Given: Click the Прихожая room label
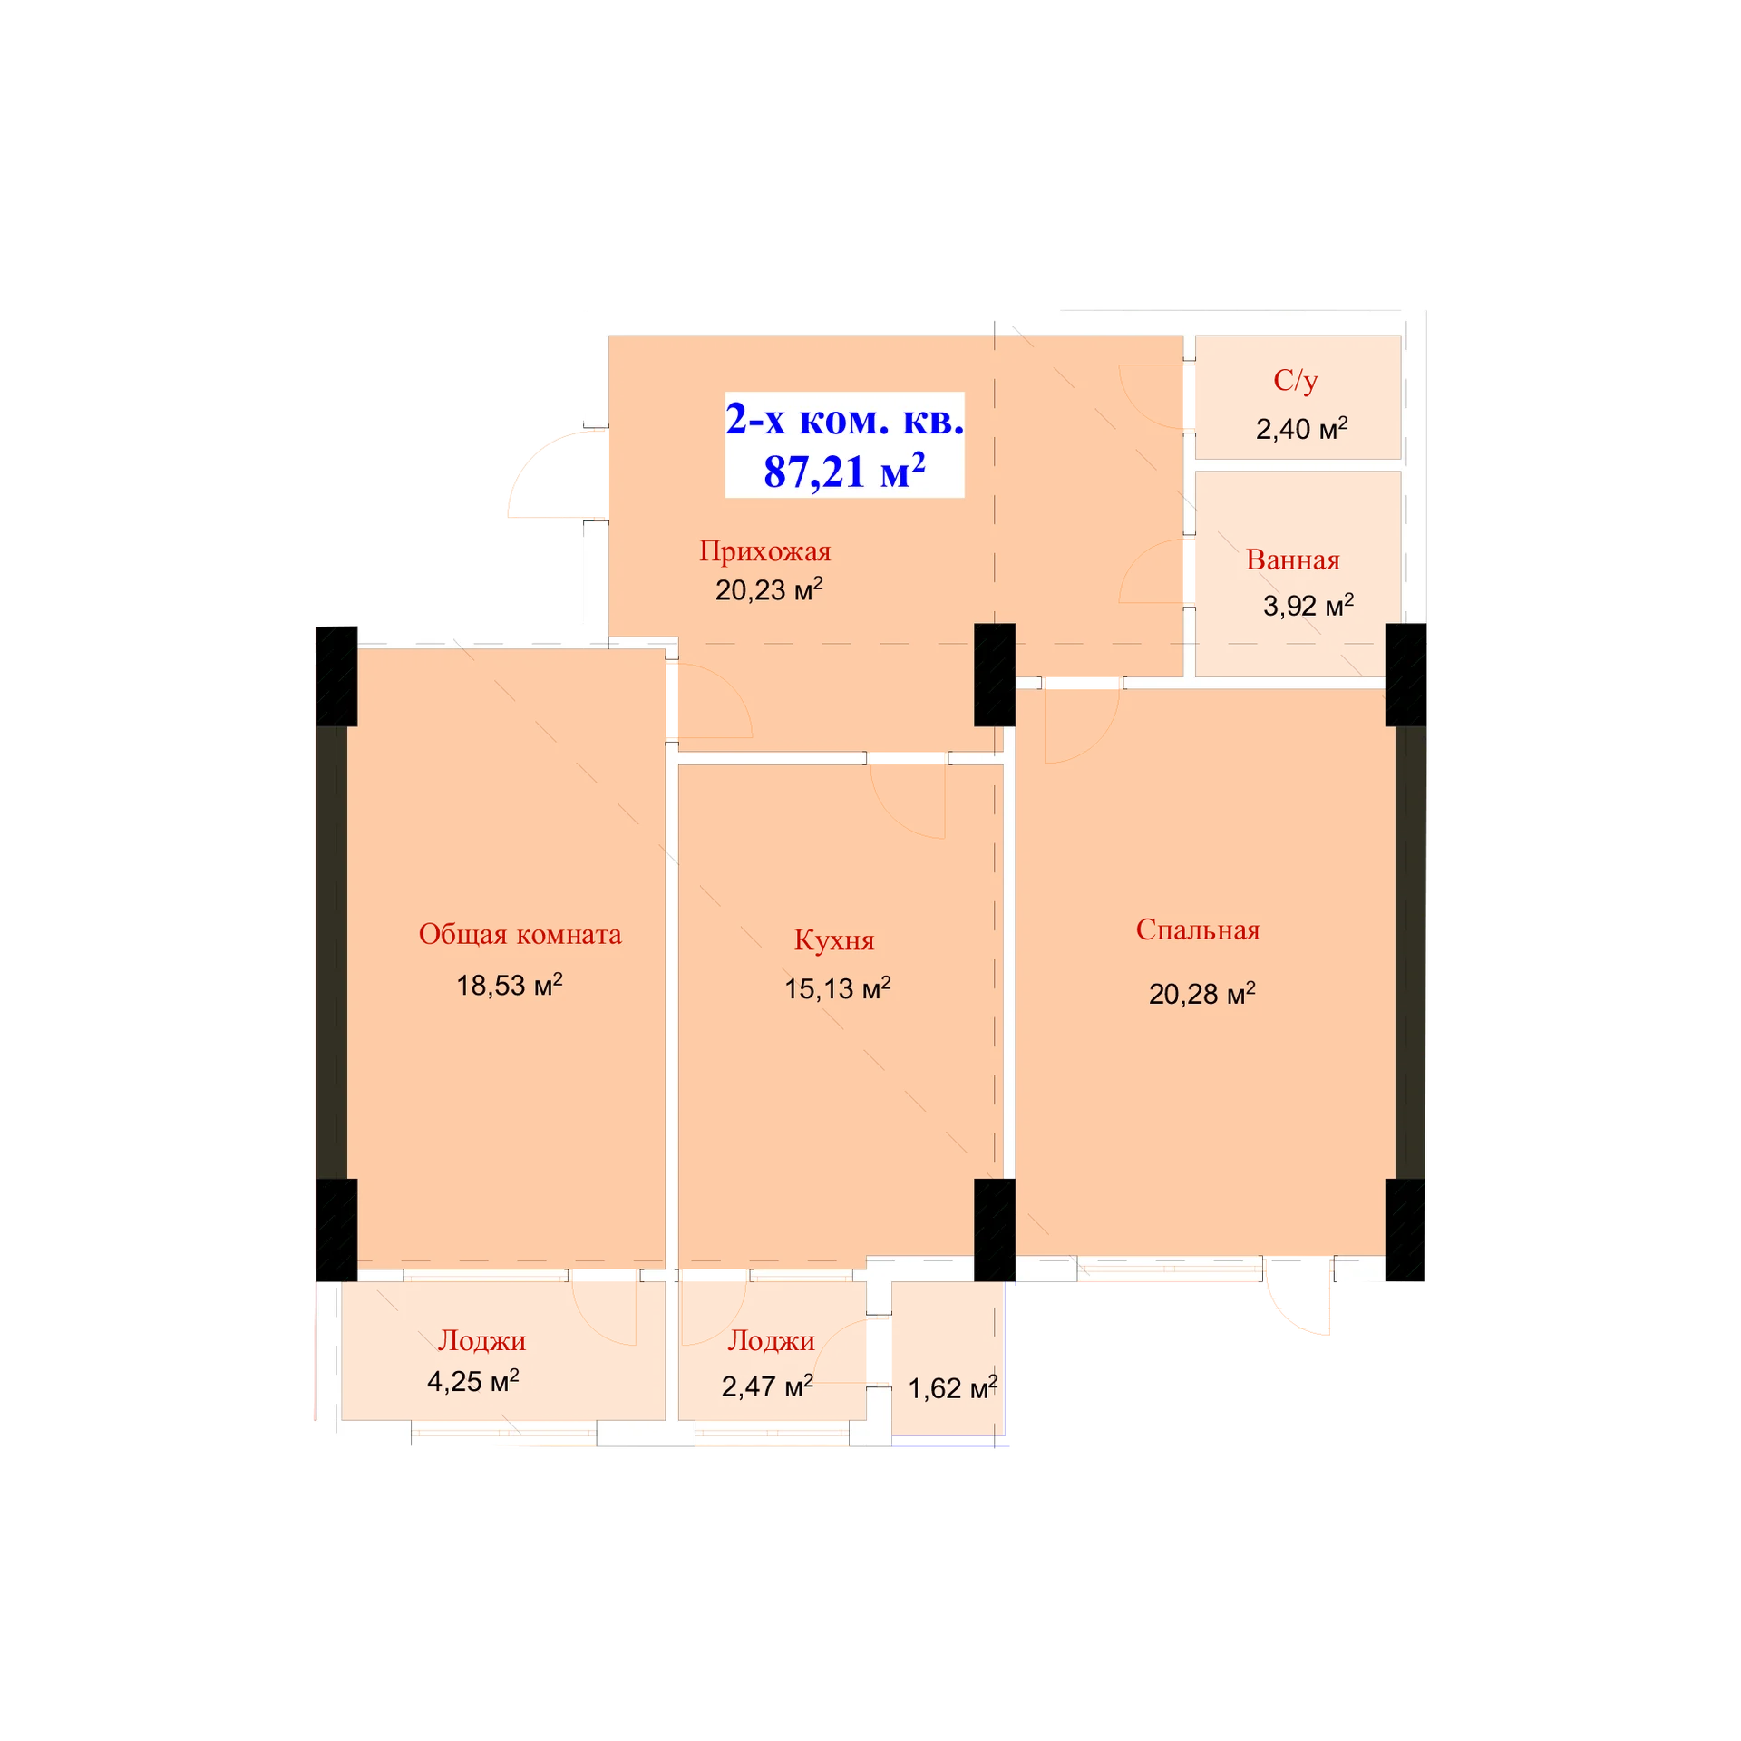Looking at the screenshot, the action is pos(764,551).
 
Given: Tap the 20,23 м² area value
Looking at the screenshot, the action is pos(769,589).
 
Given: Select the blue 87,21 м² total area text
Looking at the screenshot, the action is pos(844,471).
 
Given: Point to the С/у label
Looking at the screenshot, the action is pos(1296,381).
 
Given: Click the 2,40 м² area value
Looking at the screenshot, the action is pos(1301,428).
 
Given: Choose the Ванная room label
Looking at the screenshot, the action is pos(1293,559).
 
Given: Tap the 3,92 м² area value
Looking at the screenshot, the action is pos(1308,605).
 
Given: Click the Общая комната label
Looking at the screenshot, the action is pos(520,934).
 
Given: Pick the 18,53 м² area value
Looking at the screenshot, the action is pos(510,985).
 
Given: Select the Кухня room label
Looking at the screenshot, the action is pos(834,940).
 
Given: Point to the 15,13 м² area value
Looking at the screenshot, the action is pos(838,988).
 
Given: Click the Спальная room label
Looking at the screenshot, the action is pos(1198,930).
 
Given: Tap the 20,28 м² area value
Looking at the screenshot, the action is pos(1202,994).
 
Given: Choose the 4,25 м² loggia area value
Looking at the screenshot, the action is pos(473,1381).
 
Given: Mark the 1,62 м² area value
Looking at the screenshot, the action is pos(953,1388).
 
